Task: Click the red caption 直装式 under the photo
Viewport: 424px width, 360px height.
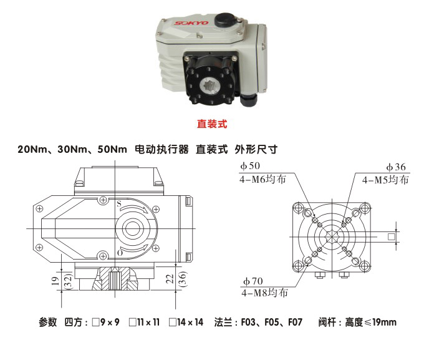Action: (212, 124)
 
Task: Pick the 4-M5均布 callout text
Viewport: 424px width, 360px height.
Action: (386, 179)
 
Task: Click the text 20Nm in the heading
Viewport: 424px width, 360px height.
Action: (31, 150)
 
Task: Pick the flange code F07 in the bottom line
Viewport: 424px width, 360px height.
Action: (294, 323)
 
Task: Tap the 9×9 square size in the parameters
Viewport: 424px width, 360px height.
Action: (111, 323)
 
